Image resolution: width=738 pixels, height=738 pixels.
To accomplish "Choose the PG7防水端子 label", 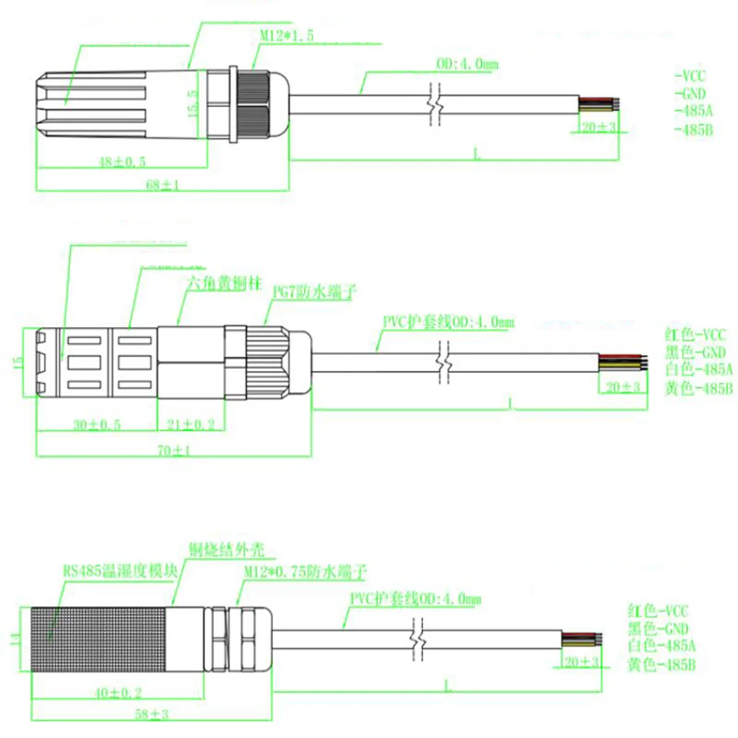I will pos(305,293).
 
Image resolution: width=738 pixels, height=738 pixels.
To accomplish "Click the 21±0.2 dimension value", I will pos(190,424).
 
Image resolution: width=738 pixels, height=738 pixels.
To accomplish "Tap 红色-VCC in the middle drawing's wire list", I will pos(697,334).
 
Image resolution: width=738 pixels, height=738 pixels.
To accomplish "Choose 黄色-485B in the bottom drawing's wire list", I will pos(661,665).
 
